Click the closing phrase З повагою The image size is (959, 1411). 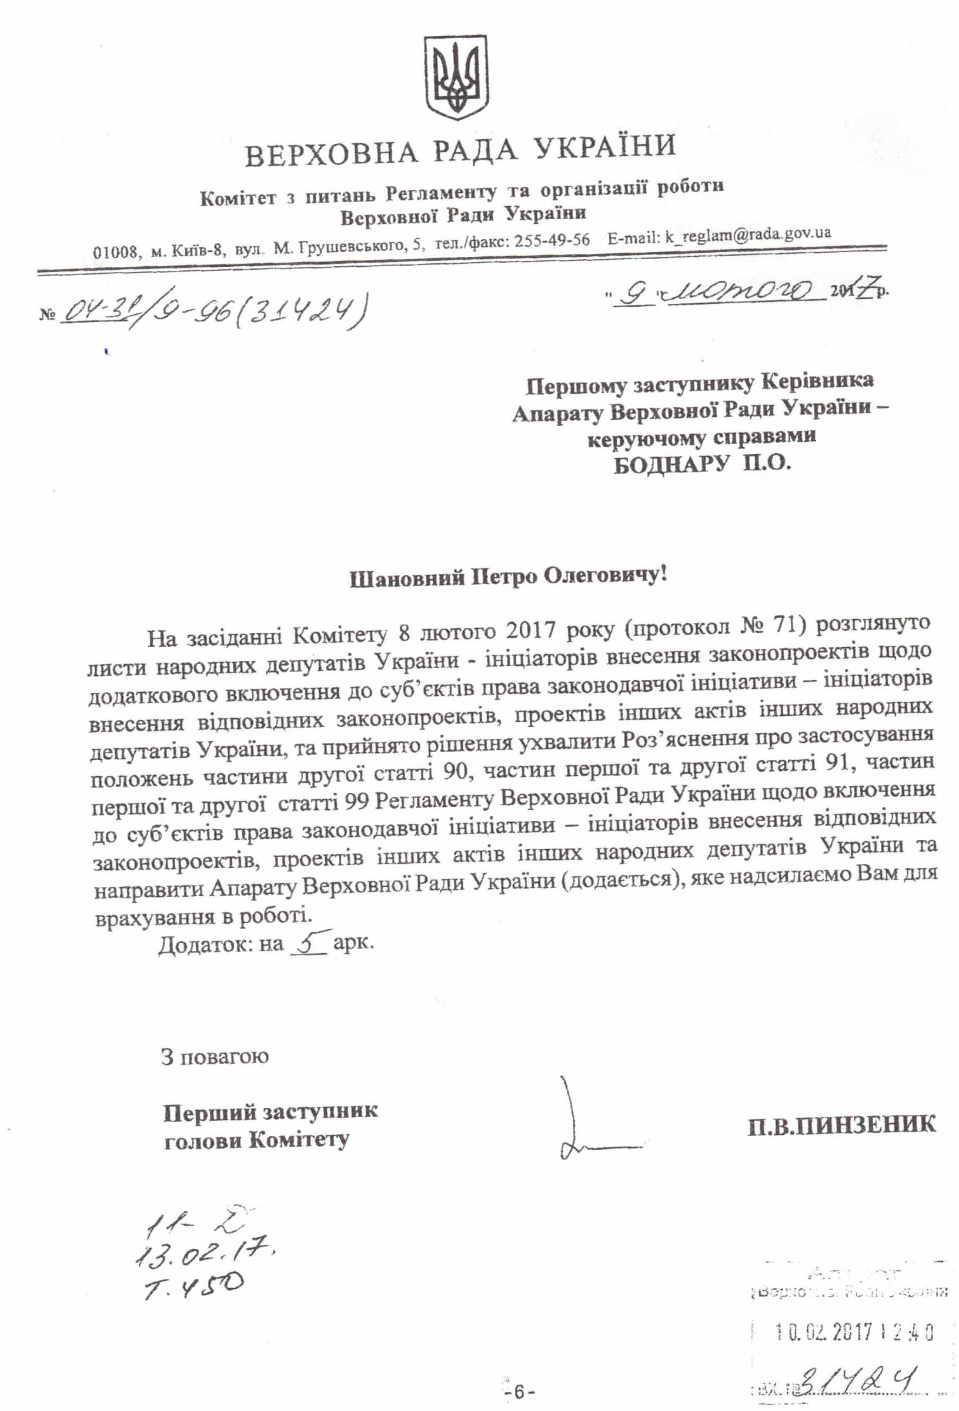pos(215,1057)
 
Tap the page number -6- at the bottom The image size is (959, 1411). pos(514,1390)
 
